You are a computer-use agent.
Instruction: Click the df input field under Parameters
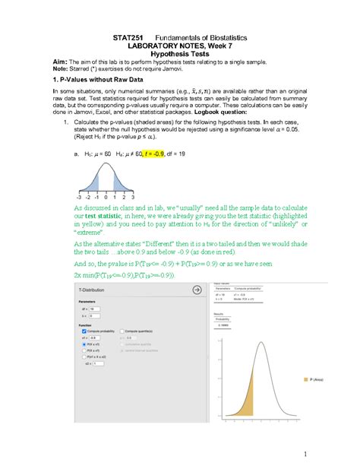point(94,309)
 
